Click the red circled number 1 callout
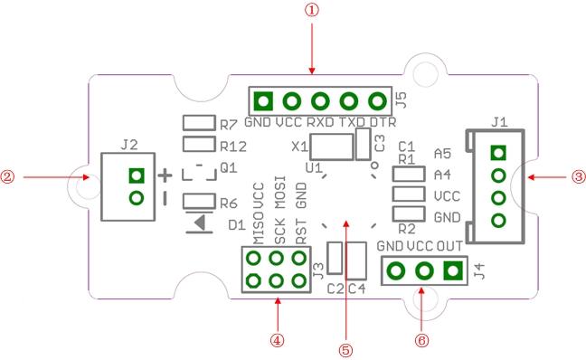(312, 10)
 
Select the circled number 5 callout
(345, 350)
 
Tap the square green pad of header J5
(263, 101)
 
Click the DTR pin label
(383, 122)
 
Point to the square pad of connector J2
(137, 175)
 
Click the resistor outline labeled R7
(199, 123)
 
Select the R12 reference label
(233, 147)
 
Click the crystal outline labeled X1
(332, 147)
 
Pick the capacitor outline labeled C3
(363, 144)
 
